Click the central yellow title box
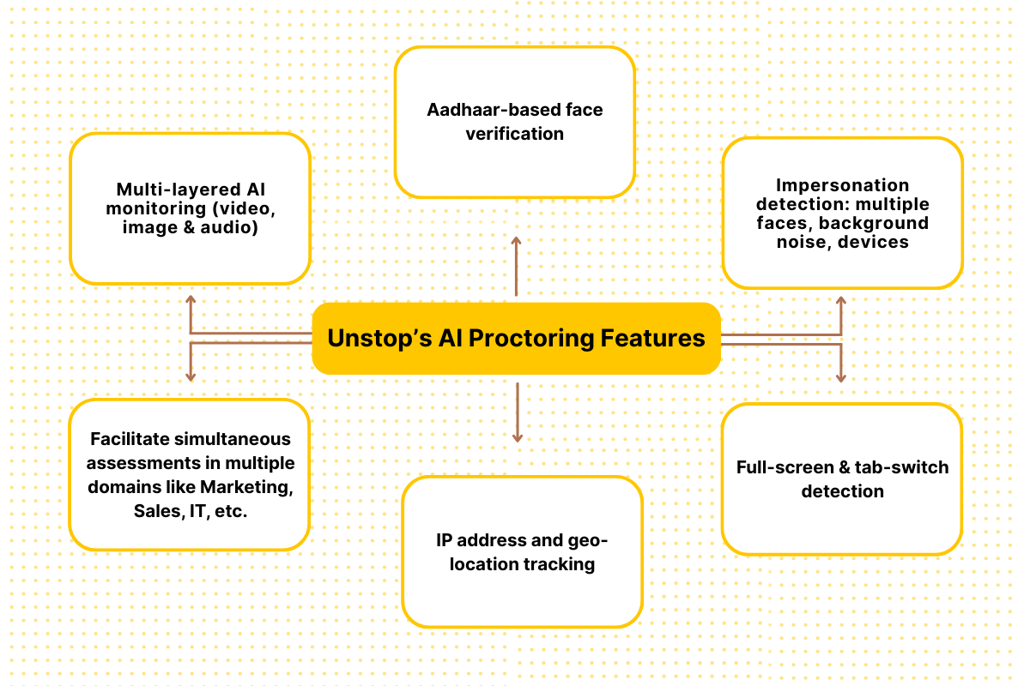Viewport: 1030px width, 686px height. point(516,339)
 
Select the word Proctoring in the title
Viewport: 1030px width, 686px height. point(533,339)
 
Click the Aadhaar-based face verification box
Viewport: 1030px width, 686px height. point(515,122)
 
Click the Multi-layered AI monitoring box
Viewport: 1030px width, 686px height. point(190,208)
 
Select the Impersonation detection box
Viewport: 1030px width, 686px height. point(842,213)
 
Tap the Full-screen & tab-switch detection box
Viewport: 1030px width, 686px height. point(842,479)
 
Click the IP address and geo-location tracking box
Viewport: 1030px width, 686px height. point(522,551)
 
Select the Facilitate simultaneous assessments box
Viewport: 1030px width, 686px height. point(190,474)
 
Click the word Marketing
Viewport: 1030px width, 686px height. point(246,487)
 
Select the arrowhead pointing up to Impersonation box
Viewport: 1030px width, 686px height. point(841,302)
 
